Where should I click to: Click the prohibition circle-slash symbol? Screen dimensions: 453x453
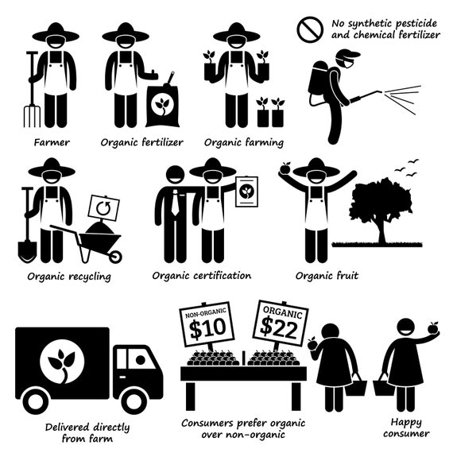coord(310,29)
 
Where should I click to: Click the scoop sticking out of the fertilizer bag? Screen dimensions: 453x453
coord(170,79)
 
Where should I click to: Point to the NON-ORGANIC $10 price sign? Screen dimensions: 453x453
coord(207,324)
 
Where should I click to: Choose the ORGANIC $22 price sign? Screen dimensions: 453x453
coord(281,323)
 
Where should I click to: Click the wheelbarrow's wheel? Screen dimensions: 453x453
coord(115,257)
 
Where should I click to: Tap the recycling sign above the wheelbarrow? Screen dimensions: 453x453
coord(103,208)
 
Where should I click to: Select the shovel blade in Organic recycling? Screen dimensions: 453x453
coord(27,251)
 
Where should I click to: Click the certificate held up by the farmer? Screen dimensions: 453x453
coord(246,192)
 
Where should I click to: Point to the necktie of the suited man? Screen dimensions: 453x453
coord(175,202)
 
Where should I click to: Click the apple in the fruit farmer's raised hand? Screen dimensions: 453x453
coord(286,168)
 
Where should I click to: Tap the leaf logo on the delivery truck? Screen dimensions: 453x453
coord(62,362)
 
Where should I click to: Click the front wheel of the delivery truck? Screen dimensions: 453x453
coord(134,401)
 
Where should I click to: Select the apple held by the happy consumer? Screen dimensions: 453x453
coord(433,328)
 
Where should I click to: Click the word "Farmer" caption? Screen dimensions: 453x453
coord(52,142)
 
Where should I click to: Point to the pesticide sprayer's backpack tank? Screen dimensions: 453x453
coord(319,77)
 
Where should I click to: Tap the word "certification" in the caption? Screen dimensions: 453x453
coord(222,276)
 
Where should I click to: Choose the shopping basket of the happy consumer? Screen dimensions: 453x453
coord(383,385)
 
